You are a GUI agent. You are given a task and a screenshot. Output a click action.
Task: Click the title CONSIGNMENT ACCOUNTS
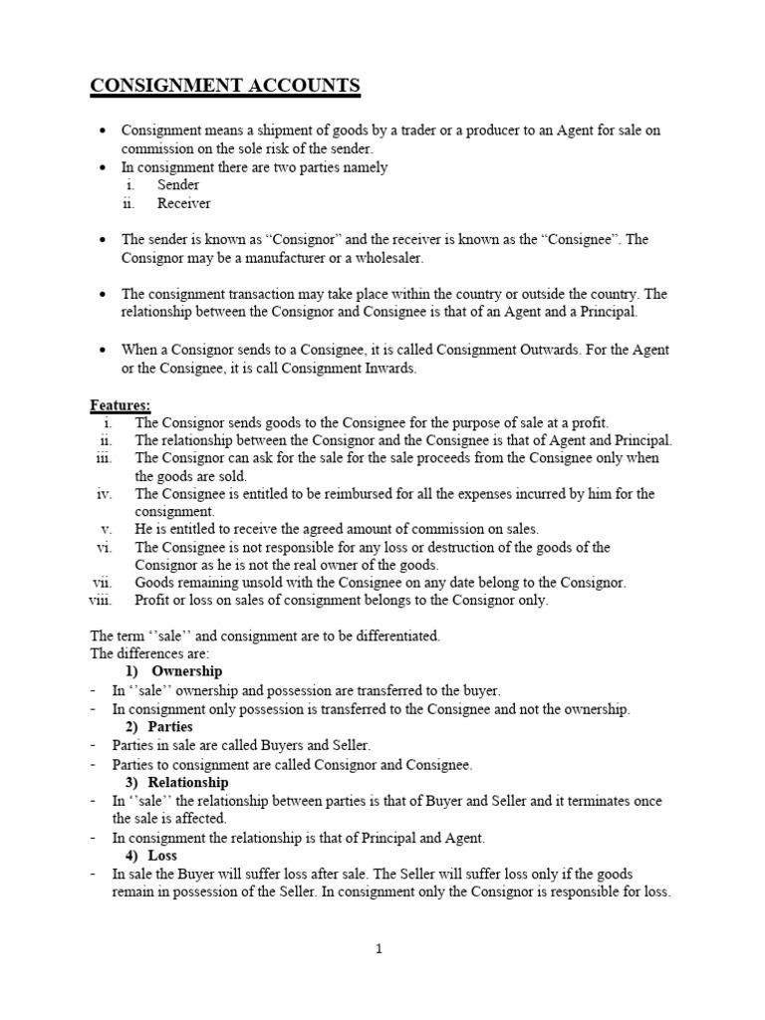pyautogui.click(x=225, y=87)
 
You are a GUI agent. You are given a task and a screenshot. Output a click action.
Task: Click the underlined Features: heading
pyautogui.click(x=121, y=404)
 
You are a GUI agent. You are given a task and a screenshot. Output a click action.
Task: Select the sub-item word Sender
pyautogui.click(x=178, y=185)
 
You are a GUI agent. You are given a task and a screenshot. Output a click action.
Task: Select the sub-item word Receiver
pyautogui.click(x=183, y=203)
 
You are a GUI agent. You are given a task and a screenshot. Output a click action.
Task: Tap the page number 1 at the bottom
pyautogui.click(x=379, y=949)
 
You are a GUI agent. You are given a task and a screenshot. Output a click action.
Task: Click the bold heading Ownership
pyautogui.click(x=186, y=671)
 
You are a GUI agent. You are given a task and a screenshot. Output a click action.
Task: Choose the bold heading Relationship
pyautogui.click(x=190, y=782)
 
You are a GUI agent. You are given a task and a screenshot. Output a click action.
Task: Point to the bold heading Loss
pyautogui.click(x=162, y=856)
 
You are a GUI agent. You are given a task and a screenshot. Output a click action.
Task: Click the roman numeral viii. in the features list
pyautogui.click(x=100, y=601)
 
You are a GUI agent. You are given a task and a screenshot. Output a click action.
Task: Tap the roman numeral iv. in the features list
pyautogui.click(x=105, y=494)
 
